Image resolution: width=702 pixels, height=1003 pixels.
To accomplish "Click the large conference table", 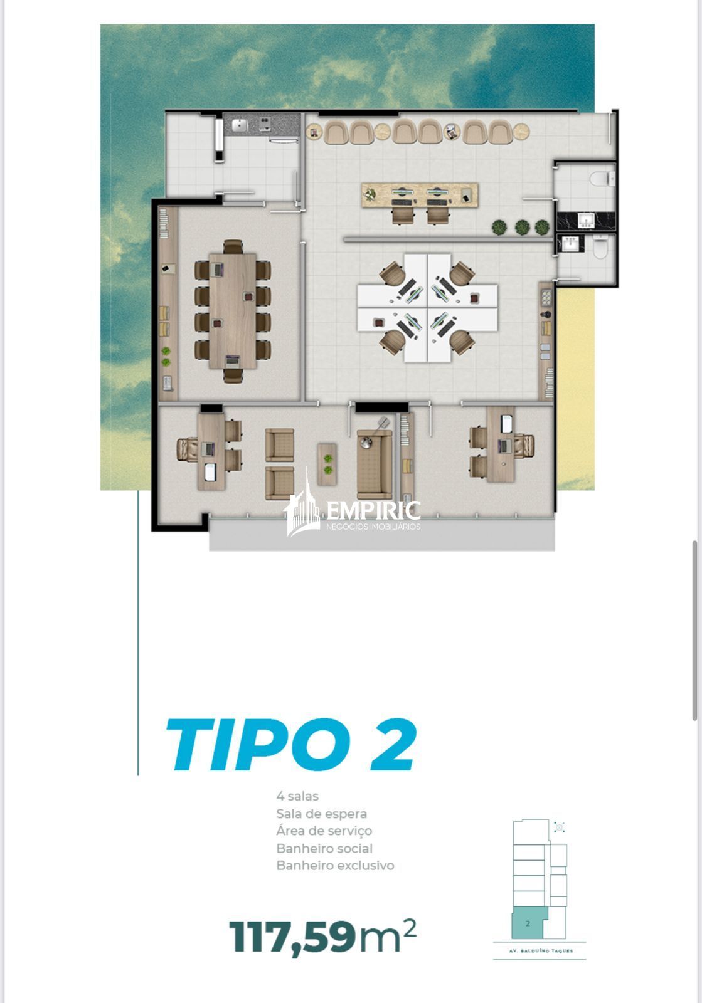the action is pos(233,311).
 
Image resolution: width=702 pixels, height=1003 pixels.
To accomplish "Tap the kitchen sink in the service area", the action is pos(240,125).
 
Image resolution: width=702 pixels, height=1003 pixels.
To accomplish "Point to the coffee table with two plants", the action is pos(327,465).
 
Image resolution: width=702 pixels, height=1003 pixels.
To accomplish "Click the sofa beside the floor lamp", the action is pos(374,465).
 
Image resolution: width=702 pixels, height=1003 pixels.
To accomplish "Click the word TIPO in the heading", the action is pos(258,744).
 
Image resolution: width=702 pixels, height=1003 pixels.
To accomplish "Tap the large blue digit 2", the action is pos(393,744).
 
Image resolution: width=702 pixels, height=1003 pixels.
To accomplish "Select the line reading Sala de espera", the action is pos(321,814).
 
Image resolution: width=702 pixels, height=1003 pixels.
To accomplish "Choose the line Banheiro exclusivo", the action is pos(335,865).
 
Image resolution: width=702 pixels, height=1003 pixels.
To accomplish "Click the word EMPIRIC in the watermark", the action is pos(373,510).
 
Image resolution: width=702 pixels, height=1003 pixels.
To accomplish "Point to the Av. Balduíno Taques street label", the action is pos(541,950).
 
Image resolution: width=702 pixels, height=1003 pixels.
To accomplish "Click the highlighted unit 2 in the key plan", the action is pos(528,923).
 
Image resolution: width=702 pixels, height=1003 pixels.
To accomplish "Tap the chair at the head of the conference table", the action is pos(233,247).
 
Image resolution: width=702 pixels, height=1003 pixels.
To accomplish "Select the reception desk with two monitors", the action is pos(420,195).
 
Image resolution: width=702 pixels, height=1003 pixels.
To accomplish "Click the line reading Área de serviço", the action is pos(324,831).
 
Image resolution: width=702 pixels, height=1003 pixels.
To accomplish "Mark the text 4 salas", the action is pos(297,796).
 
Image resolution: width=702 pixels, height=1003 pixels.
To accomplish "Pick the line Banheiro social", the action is pos(324,848).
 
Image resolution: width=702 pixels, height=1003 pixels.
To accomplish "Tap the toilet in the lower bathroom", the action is pos(600,247).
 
